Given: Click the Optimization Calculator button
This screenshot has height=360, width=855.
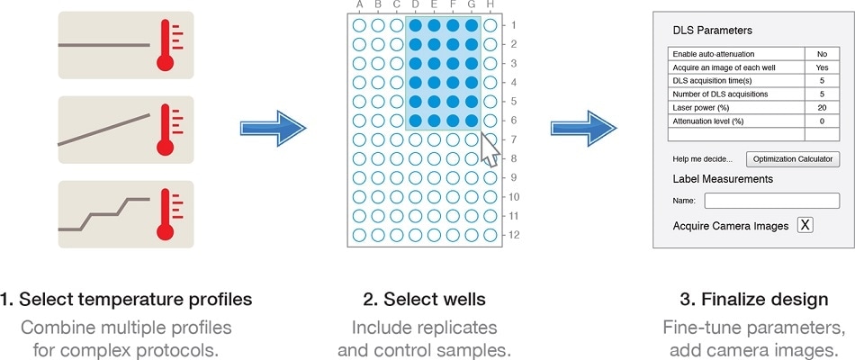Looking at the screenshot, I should coord(792,159).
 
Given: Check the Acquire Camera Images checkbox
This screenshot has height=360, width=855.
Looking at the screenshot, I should coord(805,225).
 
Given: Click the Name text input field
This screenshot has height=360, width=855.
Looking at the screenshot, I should coord(771,201).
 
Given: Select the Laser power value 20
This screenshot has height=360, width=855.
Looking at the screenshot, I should coord(822,107).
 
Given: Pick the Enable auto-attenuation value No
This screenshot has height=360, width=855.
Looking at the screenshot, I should coord(822,54).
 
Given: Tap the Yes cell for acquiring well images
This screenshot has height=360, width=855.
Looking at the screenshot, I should coord(822,67).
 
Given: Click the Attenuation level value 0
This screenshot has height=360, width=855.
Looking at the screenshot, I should coord(822,121).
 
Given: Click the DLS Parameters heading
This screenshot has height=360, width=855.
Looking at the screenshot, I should coord(713,31).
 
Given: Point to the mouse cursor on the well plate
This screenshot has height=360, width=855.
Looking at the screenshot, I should coord(489,148).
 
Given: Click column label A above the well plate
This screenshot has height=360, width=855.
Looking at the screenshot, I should coord(359,5).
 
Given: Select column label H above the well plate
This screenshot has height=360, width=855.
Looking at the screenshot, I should coord(490,5).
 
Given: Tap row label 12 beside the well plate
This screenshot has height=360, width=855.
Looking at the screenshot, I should coord(513,236).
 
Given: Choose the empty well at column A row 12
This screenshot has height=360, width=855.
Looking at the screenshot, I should coord(359,235).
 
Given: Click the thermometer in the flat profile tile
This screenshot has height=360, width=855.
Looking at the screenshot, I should coord(166,45).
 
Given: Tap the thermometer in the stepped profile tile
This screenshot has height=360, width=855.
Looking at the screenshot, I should coord(166,213).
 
